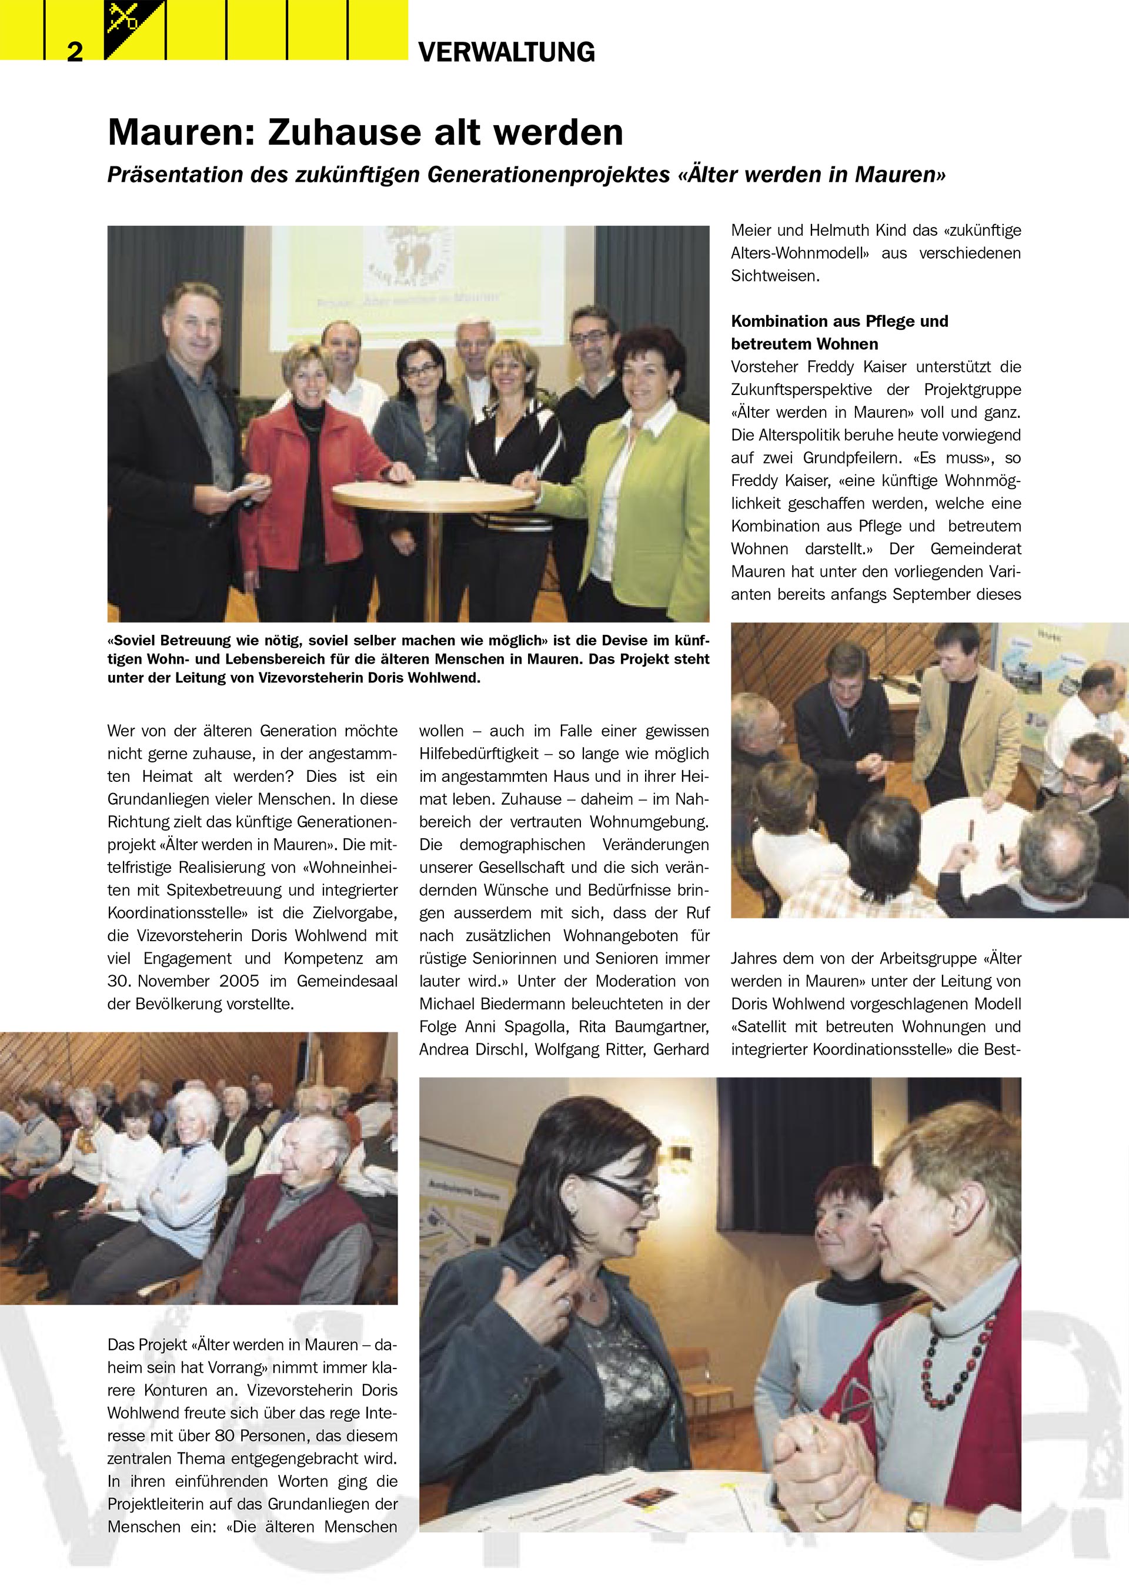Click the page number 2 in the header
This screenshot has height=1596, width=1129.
75,52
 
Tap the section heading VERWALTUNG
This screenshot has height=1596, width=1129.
506,53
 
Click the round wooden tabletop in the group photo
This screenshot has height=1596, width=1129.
435,494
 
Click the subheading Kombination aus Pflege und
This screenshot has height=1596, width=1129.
839,321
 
